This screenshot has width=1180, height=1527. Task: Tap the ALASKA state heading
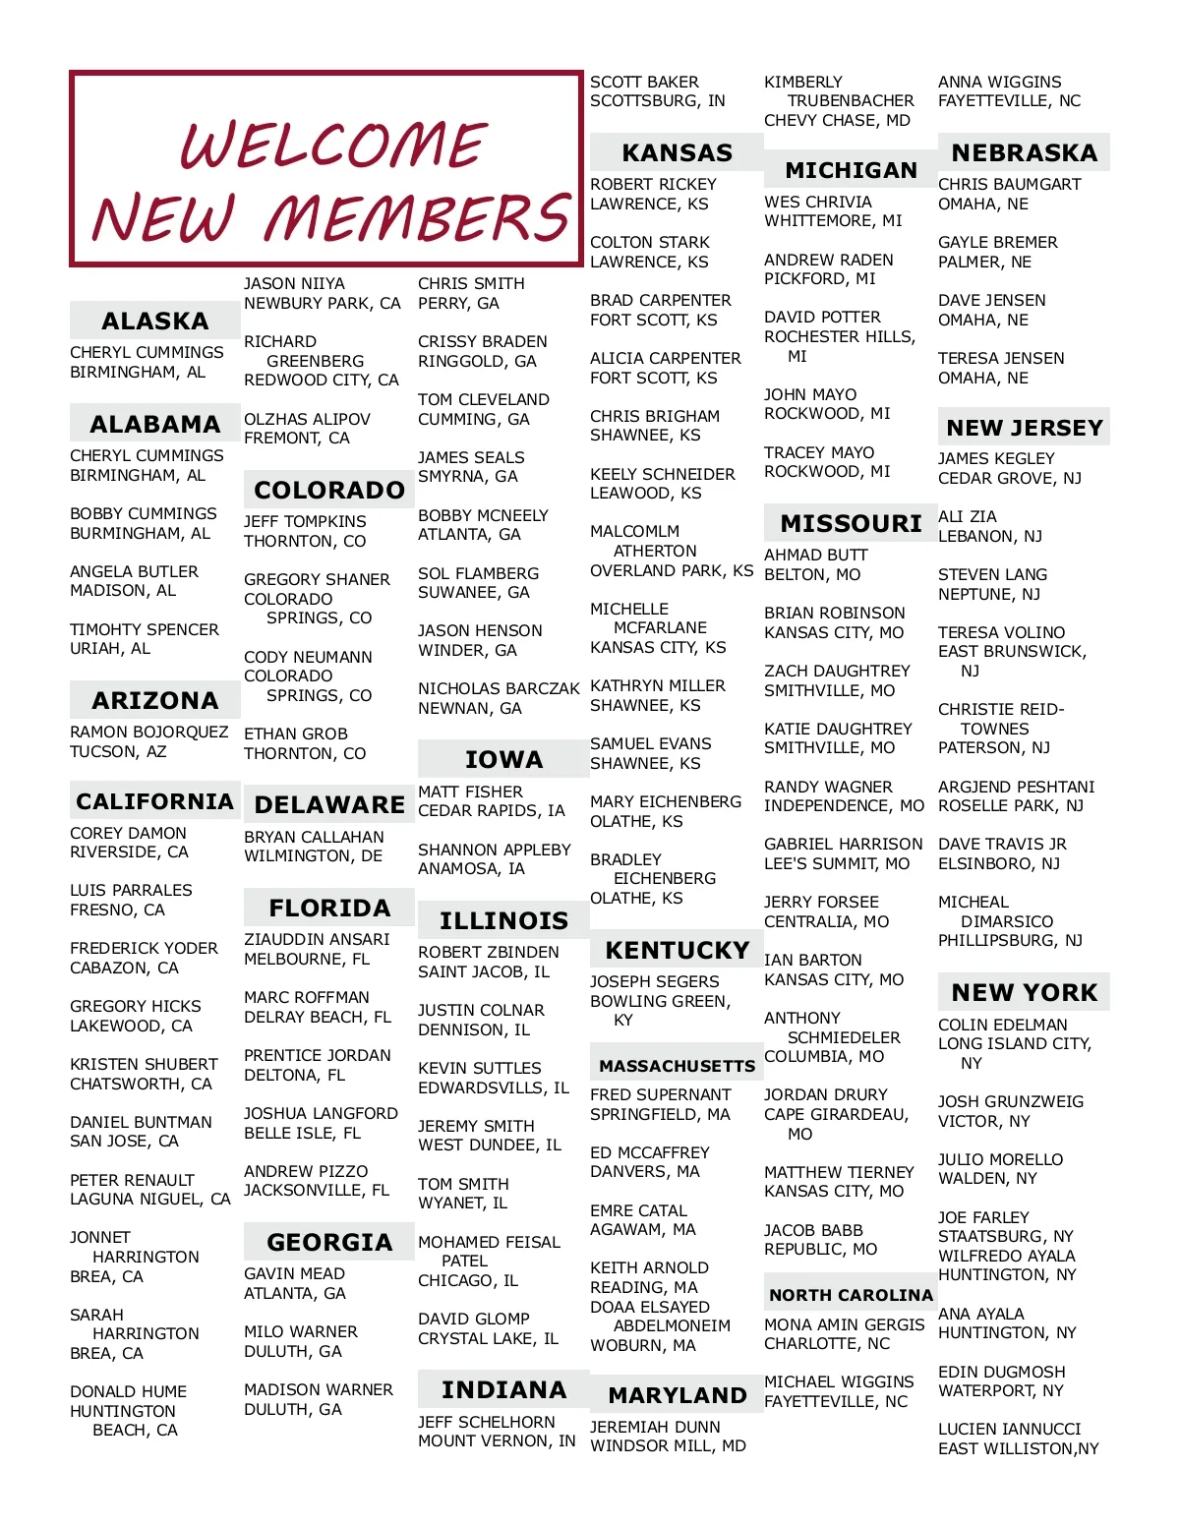154,321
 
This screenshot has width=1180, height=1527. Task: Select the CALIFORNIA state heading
154,801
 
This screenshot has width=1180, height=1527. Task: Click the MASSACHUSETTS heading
677,1065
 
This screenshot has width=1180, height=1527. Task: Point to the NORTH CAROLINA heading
851,1295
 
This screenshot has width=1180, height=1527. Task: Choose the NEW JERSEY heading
1024,428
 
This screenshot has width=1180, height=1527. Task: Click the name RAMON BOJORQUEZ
148,732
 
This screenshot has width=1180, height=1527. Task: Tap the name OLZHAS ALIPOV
307,419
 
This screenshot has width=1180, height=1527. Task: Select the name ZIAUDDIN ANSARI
317,939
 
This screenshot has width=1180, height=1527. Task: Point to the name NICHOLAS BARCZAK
499,688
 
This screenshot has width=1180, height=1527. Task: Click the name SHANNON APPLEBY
494,850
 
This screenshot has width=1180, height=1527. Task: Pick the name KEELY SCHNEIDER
662,474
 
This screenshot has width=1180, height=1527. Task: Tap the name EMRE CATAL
638,1210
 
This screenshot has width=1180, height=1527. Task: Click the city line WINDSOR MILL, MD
668,1445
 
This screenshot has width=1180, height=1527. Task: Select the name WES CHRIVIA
817,202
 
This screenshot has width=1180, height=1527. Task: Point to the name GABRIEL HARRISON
843,844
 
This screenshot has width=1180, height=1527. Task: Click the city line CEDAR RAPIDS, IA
491,810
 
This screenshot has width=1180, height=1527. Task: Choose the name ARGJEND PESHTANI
1016,787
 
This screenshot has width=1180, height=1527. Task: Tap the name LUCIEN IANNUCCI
1009,1429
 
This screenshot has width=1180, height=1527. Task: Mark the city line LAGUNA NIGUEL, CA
149,1199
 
